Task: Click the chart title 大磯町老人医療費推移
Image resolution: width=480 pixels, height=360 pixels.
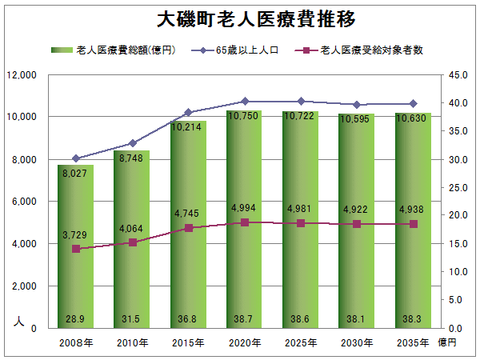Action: tap(256, 19)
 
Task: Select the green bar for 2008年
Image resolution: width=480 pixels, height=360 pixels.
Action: tap(76, 246)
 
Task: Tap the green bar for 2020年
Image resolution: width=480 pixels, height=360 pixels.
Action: tap(244, 219)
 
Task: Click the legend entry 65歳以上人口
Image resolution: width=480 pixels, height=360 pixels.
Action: tap(234, 50)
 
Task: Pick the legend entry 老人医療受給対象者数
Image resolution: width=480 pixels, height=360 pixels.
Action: tap(358, 50)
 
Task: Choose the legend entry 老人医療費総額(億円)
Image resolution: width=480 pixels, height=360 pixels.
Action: tap(114, 50)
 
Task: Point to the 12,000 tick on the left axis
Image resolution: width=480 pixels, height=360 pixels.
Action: tap(22, 75)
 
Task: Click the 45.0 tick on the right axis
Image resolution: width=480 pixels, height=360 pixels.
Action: tap(458, 75)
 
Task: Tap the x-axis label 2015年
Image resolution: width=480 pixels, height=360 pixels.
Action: tap(188, 343)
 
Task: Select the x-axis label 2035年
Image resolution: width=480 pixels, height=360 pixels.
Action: tap(413, 343)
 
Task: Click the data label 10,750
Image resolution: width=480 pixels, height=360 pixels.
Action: tap(244, 116)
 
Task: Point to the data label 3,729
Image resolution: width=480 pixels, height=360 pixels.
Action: tap(74, 234)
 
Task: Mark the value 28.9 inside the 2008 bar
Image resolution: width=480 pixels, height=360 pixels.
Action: tap(75, 319)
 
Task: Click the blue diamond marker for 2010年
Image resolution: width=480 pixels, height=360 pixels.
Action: tap(133, 143)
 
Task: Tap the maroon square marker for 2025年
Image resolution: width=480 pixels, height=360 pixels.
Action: tap(301, 223)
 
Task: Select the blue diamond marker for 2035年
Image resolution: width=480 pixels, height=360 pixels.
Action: tap(414, 104)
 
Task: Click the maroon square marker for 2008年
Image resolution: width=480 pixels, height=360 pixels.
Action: tap(76, 249)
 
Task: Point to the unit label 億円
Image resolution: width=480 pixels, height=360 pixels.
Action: tap(447, 342)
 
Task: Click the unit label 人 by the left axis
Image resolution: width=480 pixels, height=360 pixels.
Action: tap(19, 322)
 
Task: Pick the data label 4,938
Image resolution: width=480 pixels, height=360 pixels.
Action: tap(411, 210)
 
